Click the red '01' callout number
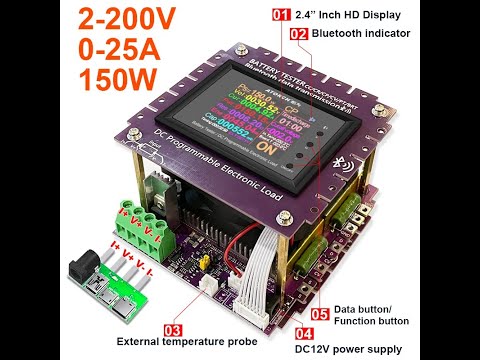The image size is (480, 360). (x=280, y=14)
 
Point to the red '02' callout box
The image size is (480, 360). (x=298, y=33)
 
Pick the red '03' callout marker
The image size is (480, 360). (x=172, y=328)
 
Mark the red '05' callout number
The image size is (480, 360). (x=320, y=313)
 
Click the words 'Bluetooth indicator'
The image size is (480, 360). (x=361, y=33)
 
